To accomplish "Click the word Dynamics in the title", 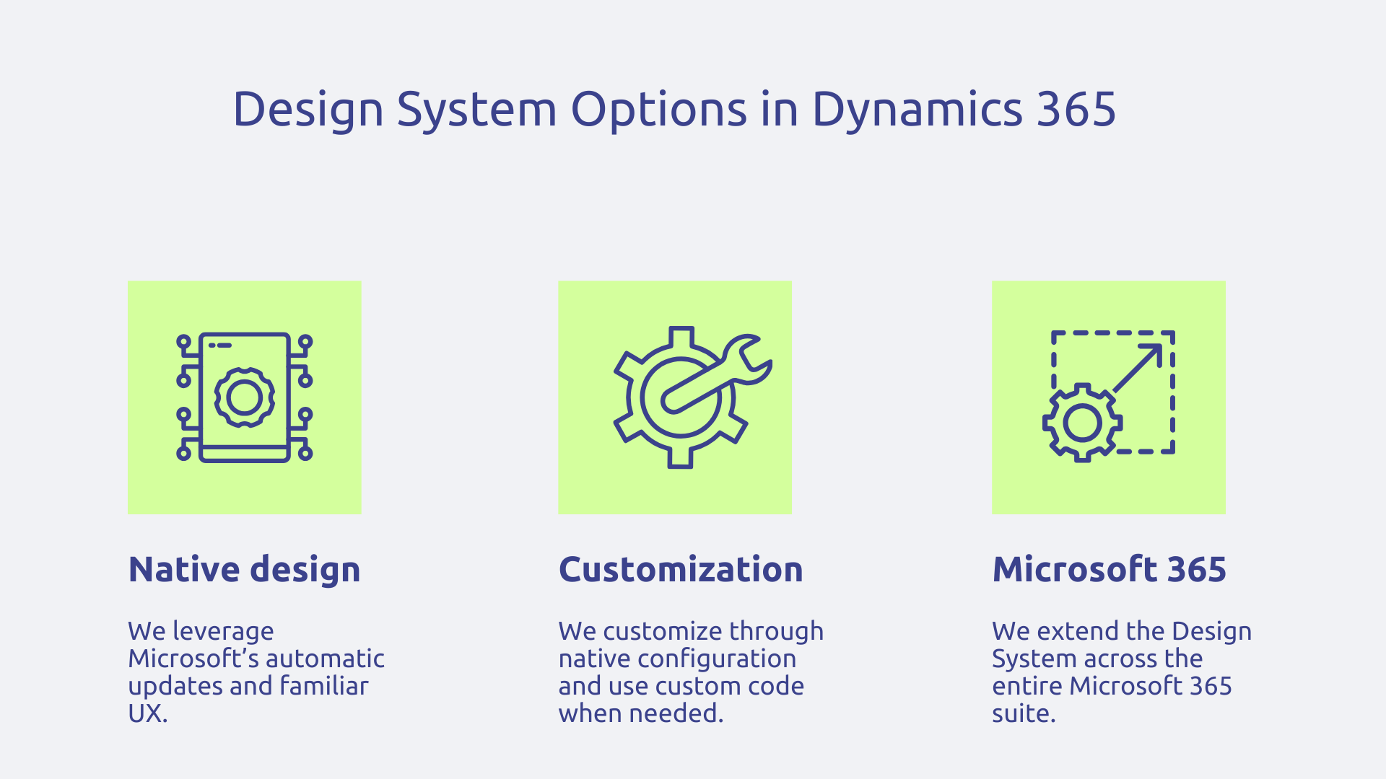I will (x=918, y=110).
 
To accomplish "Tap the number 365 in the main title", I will (x=1076, y=110).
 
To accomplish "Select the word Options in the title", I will (x=659, y=110).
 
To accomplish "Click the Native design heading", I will (x=244, y=570).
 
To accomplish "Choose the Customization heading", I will (x=681, y=570).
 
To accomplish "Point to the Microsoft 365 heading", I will (x=1109, y=570).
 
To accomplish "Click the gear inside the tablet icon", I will (x=244, y=397).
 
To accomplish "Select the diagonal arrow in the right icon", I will (x=1138, y=367).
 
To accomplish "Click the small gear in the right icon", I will (x=1082, y=423).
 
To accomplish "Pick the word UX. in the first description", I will (x=148, y=713).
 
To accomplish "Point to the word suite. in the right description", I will (x=1024, y=713).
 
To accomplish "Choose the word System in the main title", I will (x=476, y=110).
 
